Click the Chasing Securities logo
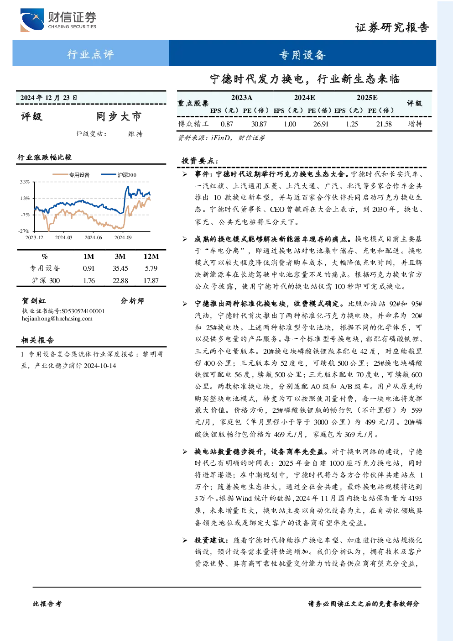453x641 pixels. pyautogui.click(x=58, y=20)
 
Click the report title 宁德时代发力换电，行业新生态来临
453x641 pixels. pyautogui.click(x=305, y=79)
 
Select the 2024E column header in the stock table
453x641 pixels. pyautogui.click(x=305, y=98)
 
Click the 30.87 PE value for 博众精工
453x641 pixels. pyautogui.click(x=259, y=124)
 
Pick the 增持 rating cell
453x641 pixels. pyautogui.click(x=415, y=124)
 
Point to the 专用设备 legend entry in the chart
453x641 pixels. pyautogui.click(x=71, y=174)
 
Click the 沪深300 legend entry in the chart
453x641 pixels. pyautogui.click(x=119, y=174)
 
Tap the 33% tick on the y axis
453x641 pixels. pyautogui.click(x=25, y=182)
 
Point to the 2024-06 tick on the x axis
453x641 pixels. pyautogui.click(x=93, y=237)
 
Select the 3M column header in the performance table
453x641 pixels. pyautogui.click(x=120, y=257)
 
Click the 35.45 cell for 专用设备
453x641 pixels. pyautogui.click(x=120, y=268)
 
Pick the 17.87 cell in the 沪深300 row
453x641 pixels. pyautogui.click(x=151, y=281)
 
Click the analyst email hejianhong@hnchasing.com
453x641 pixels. pyautogui.click(x=57, y=319)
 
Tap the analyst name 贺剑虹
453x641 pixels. pyautogui.click(x=34, y=301)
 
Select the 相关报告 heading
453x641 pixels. pyautogui.click(x=37, y=340)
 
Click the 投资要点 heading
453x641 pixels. pyautogui.click(x=200, y=161)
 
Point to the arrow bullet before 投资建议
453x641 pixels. pyautogui.click(x=185, y=540)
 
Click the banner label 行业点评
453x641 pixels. pyautogui.click(x=90, y=54)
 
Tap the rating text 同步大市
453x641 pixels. pyautogui.click(x=119, y=116)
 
